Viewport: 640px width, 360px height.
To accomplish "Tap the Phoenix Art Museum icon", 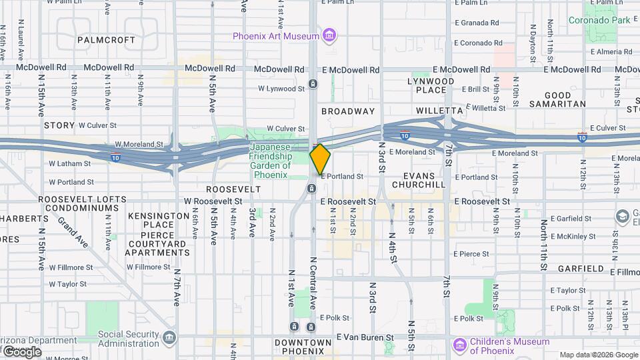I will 329,35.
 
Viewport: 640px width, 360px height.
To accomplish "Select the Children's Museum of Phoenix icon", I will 459,346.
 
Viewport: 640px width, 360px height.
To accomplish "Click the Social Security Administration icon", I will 169,338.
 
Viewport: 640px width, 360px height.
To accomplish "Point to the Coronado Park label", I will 599,20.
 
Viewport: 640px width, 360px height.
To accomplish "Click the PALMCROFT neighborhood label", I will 106,40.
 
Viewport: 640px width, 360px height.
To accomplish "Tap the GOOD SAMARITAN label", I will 558,99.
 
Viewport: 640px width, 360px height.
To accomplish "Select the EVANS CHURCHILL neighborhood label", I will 419,180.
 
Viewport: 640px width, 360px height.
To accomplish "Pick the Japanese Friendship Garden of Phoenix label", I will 271,161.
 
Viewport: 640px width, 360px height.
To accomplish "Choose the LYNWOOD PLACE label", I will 430,85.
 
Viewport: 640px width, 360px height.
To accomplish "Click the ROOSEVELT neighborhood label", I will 233,189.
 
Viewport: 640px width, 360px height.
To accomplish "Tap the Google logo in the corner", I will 21,351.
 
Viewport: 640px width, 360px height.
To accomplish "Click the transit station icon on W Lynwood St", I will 312,85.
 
